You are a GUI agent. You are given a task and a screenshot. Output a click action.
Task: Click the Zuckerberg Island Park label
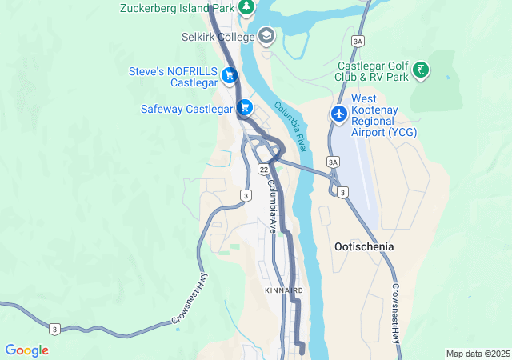pyautogui.click(x=177, y=8)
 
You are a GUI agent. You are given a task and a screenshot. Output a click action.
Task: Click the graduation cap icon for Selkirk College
pyautogui.click(x=266, y=36)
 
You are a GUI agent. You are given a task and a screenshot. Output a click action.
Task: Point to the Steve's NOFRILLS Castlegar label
pyautogui.click(x=174, y=77)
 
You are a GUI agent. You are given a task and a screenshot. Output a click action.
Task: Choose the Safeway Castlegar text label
pyautogui.click(x=186, y=108)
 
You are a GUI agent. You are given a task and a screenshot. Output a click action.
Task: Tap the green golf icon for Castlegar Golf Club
pyautogui.click(x=420, y=71)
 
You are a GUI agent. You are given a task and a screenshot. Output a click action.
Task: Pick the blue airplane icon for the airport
pyautogui.click(x=339, y=114)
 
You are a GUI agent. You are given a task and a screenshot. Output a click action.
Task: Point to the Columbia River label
pyautogui.click(x=291, y=127)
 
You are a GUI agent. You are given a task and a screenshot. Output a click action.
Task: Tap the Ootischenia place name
pyautogui.click(x=362, y=247)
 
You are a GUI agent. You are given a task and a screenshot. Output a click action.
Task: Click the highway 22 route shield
pyautogui.click(x=263, y=170)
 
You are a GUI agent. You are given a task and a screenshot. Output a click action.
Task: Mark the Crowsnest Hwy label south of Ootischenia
pyautogui.click(x=395, y=313)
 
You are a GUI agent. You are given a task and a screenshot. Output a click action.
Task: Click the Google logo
pyautogui.click(x=26, y=350)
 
